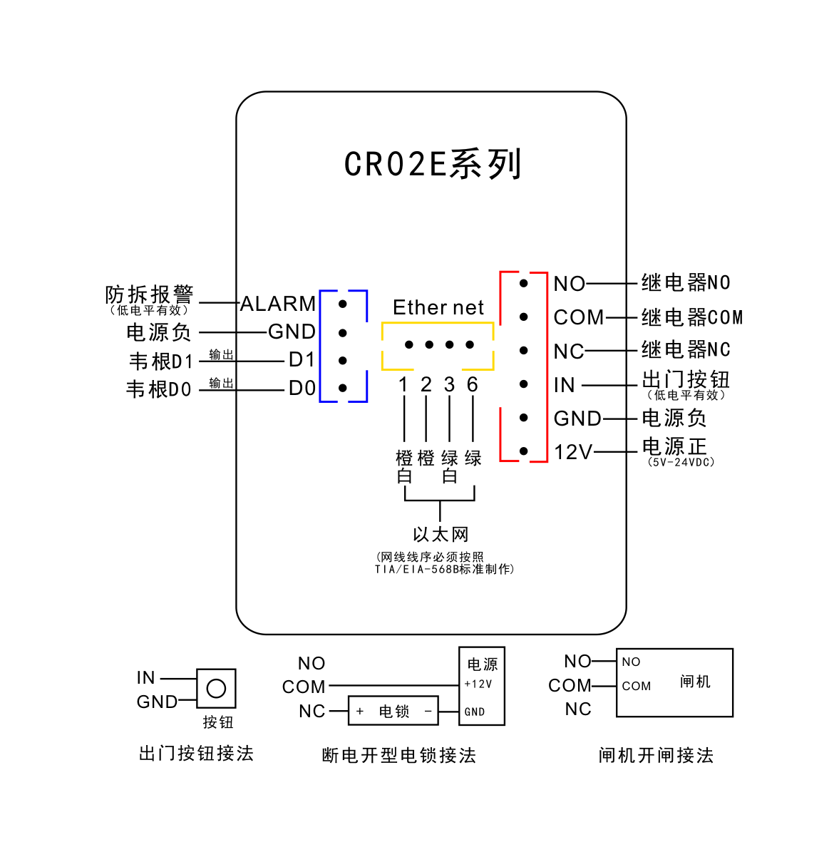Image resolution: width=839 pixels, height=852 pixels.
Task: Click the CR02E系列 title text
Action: pos(433,164)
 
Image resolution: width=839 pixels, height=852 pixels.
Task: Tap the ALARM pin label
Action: pos(278,304)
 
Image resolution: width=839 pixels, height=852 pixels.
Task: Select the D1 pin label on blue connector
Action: pos(302,360)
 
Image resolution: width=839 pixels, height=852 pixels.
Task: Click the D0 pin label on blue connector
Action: pos(302,389)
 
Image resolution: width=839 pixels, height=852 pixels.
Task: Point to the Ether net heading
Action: pos(438,307)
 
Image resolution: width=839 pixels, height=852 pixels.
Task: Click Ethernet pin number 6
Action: pos(472,385)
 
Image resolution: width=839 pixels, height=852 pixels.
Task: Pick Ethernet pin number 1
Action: pos(403,385)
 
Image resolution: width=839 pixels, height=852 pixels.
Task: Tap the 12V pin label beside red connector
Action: pos(573,452)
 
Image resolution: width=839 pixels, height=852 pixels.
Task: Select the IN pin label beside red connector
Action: pos(564,385)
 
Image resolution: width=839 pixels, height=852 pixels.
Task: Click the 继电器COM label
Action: pos(691,317)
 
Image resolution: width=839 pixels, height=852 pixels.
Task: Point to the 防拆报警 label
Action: pos(149,294)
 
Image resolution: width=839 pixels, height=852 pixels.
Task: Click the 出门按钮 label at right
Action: pos(686,379)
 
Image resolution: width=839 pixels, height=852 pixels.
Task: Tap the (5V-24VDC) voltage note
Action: pos(681,462)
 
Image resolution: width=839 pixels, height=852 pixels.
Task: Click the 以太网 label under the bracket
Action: pos(441,535)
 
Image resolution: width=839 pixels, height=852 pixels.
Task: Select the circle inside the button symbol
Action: pos(216,688)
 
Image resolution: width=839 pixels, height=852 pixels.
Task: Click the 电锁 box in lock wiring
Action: pos(393,711)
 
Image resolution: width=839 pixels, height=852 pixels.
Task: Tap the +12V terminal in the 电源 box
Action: pos(478,684)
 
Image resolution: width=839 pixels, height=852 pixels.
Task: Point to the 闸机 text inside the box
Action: pos(695,682)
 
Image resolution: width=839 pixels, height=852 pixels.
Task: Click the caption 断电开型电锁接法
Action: pos(398,755)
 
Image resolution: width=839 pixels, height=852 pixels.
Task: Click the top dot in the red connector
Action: pos(523,283)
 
